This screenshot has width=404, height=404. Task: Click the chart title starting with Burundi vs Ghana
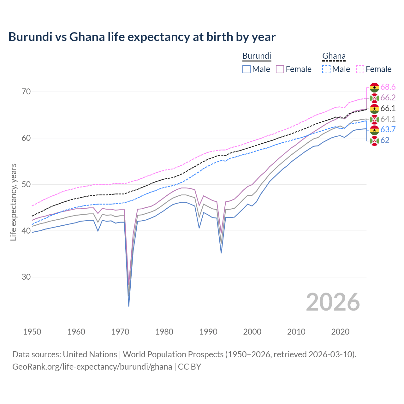click(142, 37)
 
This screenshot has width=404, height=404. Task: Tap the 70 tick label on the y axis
click(26, 92)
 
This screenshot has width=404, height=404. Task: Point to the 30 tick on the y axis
click(26, 277)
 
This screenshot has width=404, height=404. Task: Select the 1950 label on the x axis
click(32, 332)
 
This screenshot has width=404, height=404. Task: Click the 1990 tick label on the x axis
click(208, 332)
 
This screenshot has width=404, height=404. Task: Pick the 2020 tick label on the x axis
click(340, 332)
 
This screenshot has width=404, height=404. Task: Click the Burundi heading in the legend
click(257, 56)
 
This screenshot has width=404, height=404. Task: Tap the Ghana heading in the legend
click(334, 56)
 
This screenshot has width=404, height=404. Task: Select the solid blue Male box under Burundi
click(247, 69)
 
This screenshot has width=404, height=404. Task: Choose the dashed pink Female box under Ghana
click(360, 69)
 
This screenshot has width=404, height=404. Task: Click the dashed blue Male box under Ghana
click(326, 69)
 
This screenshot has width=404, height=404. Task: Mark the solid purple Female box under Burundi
click(280, 69)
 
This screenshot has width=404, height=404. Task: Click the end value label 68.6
click(388, 87)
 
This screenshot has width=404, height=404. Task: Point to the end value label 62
click(385, 140)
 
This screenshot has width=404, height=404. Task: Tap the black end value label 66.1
click(388, 109)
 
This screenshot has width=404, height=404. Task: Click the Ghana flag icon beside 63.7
click(374, 130)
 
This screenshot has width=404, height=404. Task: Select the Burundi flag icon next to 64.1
click(374, 119)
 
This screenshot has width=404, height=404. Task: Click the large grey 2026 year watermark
click(333, 302)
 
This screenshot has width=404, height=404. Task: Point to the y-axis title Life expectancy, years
click(14, 202)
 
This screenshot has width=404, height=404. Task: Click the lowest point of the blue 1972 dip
click(129, 306)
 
